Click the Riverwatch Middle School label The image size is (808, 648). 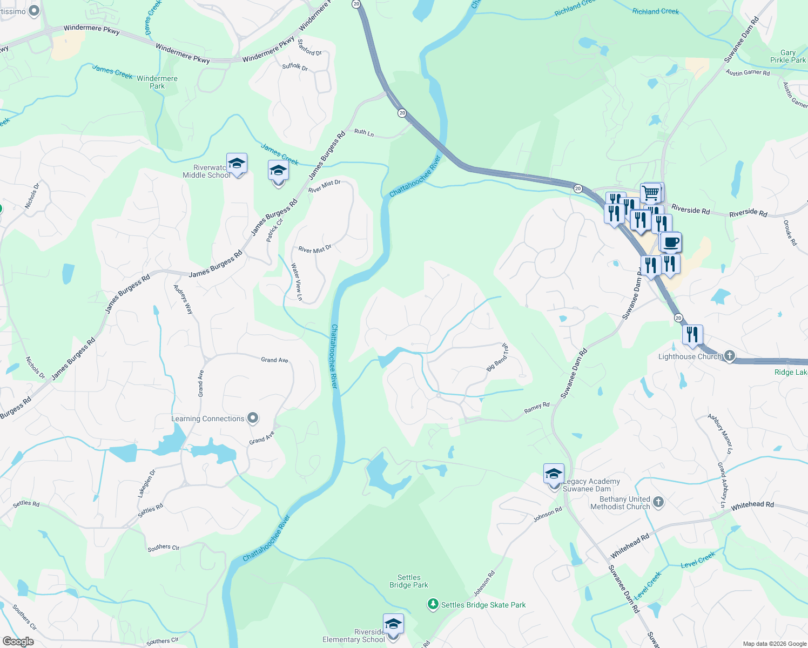[206, 171]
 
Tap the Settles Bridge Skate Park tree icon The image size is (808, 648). [433, 604]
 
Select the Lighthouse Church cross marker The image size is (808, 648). [730, 355]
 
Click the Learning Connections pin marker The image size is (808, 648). [252, 418]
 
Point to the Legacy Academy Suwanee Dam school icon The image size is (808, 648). [554, 474]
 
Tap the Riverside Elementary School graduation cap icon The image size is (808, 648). [393, 624]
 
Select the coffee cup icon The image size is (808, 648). [671, 242]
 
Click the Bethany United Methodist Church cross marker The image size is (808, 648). [658, 502]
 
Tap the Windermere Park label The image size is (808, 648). [157, 82]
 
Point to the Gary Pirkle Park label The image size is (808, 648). [787, 56]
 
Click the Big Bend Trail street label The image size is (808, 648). [497, 357]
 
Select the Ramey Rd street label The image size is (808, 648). [536, 408]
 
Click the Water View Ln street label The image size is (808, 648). [297, 281]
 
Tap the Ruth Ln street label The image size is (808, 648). [364, 132]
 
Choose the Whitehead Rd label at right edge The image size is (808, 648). [752, 505]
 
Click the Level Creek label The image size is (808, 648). [698, 560]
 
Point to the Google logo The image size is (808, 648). [18, 642]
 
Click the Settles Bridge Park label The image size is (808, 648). [409, 581]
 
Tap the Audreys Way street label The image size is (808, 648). [183, 299]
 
